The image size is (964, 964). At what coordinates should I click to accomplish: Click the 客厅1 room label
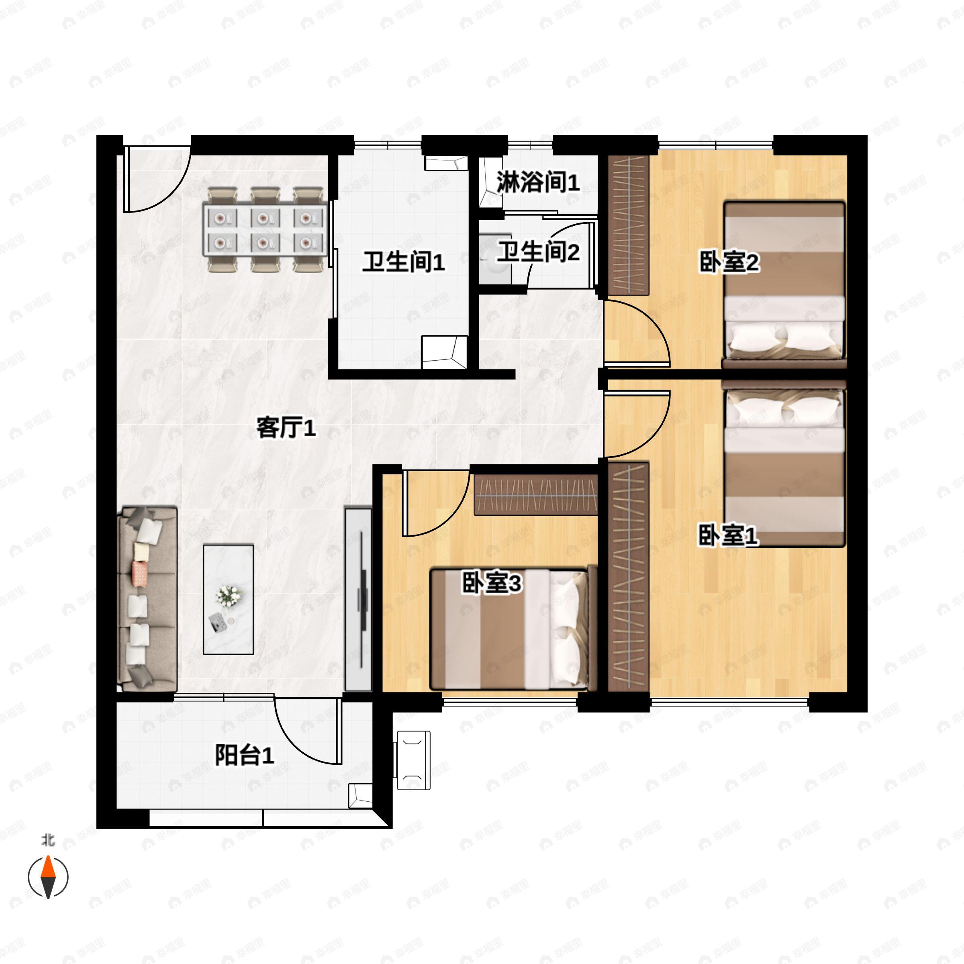[286, 428]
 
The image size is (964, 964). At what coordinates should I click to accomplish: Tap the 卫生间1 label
[403, 262]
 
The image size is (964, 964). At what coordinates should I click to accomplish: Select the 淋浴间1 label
[537, 183]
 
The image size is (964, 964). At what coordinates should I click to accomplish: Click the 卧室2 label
[729, 262]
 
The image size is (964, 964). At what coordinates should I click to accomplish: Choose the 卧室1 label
[727, 535]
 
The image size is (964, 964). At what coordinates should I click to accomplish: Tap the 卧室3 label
[492, 582]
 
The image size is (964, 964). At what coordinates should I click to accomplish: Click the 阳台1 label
[245, 755]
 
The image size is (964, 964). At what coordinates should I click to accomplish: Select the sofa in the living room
[147, 599]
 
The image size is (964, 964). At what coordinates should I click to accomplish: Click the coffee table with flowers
[229, 599]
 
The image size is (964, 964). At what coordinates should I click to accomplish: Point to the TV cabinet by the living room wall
[358, 599]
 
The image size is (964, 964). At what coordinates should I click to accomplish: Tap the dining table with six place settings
[266, 231]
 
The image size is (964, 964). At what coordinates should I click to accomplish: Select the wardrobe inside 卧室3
[535, 495]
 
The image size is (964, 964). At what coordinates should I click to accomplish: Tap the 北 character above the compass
[48, 841]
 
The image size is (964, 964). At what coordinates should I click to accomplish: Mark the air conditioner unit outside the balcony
[413, 760]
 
